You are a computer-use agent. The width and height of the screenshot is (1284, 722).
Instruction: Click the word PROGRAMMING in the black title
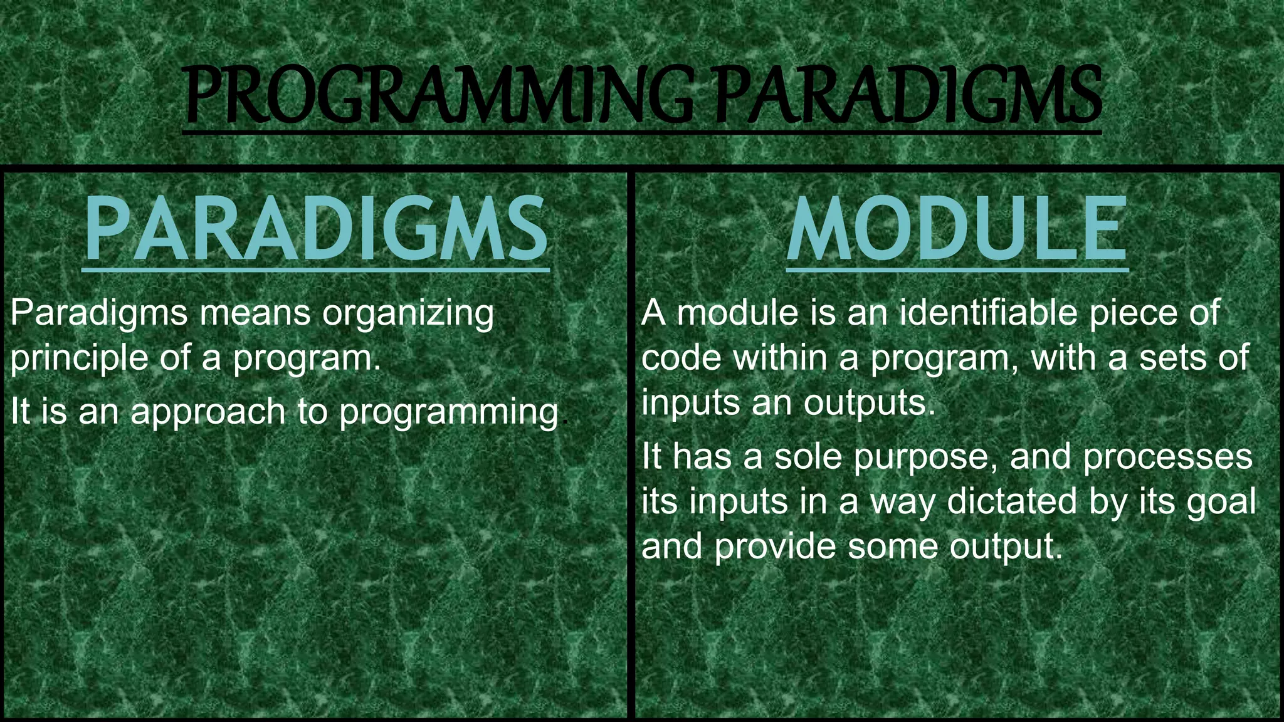[439, 97]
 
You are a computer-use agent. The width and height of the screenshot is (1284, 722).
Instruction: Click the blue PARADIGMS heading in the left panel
[316, 229]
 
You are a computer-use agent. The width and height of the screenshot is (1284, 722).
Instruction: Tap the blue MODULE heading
[957, 229]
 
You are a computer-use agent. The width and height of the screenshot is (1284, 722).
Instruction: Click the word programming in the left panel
[448, 413]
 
